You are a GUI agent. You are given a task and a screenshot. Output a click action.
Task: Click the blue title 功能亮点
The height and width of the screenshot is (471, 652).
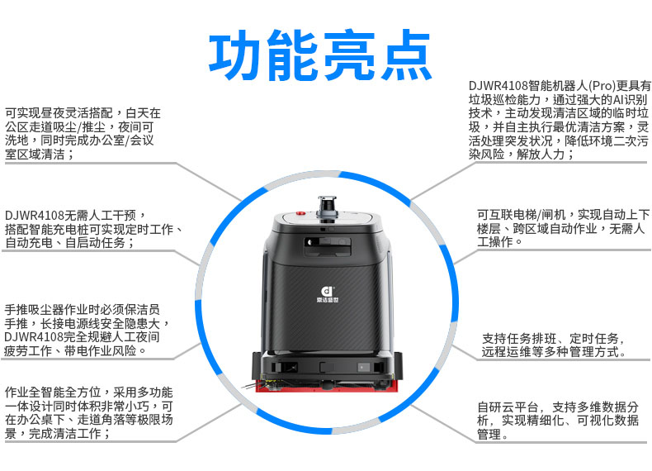(319, 55)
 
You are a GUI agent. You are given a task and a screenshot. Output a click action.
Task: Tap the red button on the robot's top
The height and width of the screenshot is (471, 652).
(300, 214)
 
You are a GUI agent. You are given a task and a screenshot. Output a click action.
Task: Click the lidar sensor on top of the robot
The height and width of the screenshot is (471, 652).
(328, 207)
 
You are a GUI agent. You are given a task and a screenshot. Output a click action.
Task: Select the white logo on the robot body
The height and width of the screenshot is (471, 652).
(328, 293)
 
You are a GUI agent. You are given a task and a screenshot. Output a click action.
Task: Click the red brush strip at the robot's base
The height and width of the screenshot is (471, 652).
(327, 387)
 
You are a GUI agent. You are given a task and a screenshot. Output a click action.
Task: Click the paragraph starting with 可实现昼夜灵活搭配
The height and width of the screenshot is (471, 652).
(83, 134)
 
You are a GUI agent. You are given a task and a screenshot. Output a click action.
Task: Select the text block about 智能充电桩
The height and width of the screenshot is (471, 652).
(93, 229)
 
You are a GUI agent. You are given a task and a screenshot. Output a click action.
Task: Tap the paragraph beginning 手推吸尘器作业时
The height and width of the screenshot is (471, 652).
(87, 330)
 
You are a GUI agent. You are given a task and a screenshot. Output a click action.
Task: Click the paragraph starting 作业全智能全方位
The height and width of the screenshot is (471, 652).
(88, 412)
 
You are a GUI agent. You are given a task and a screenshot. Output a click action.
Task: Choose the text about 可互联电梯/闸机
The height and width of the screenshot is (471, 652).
(563, 228)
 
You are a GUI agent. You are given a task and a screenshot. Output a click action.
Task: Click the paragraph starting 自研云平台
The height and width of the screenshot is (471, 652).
(557, 421)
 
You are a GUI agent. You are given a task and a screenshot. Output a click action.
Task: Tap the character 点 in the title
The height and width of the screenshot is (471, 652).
(405, 55)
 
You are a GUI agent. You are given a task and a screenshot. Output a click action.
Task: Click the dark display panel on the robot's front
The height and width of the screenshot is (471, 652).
(328, 246)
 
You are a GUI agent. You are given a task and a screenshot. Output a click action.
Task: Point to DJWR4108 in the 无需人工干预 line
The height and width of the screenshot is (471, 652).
(35, 216)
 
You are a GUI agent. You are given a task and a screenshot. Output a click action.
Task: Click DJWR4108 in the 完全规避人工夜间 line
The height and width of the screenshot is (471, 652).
(34, 337)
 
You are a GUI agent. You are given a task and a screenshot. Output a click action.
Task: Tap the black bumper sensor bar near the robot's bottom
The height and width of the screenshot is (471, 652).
(328, 367)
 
